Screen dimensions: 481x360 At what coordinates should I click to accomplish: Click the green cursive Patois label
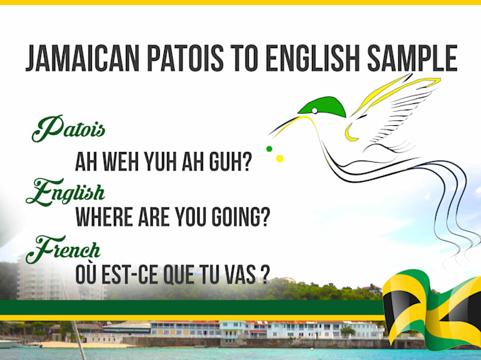click(68, 129)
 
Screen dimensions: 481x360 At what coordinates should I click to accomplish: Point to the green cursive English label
click(65, 192)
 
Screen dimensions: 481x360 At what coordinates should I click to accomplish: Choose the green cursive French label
click(63, 249)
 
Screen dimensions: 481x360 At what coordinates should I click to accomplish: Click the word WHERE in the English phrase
click(104, 217)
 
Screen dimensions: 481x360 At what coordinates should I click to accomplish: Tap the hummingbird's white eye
click(315, 111)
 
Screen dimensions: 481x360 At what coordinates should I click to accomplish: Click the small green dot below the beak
click(270, 149)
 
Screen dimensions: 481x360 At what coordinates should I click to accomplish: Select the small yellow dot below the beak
click(280, 158)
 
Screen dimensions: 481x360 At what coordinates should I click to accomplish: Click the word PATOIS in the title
click(185, 58)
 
